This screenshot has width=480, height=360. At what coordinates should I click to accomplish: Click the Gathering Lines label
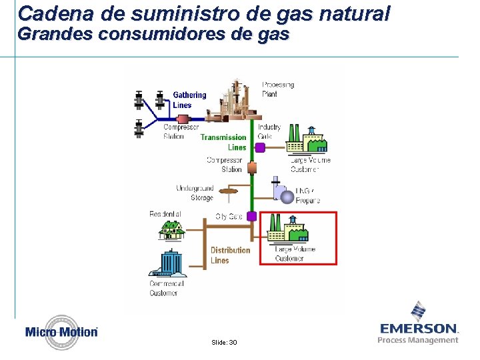pyautogui.click(x=189, y=100)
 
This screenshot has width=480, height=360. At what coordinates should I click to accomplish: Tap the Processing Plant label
pyautogui.click(x=277, y=89)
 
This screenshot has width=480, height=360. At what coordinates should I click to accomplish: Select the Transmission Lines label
pyautogui.click(x=223, y=142)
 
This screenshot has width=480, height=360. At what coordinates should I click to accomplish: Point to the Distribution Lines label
pyautogui.click(x=230, y=255)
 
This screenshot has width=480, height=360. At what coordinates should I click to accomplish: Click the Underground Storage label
pyautogui.click(x=195, y=193)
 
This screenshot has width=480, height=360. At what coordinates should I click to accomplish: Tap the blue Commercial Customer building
pyautogui.click(x=169, y=262)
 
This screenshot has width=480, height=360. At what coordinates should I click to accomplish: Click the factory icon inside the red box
pyautogui.click(x=287, y=229)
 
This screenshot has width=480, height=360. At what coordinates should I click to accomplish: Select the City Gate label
pyautogui.click(x=229, y=217)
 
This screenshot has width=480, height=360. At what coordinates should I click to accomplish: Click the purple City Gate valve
pyautogui.click(x=252, y=216)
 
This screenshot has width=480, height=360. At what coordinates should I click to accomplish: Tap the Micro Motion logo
pyautogui.click(x=61, y=332)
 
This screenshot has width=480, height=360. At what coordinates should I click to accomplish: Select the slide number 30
pyautogui.click(x=224, y=342)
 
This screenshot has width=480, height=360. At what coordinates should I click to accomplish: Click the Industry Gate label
pyautogui.click(x=269, y=131)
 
